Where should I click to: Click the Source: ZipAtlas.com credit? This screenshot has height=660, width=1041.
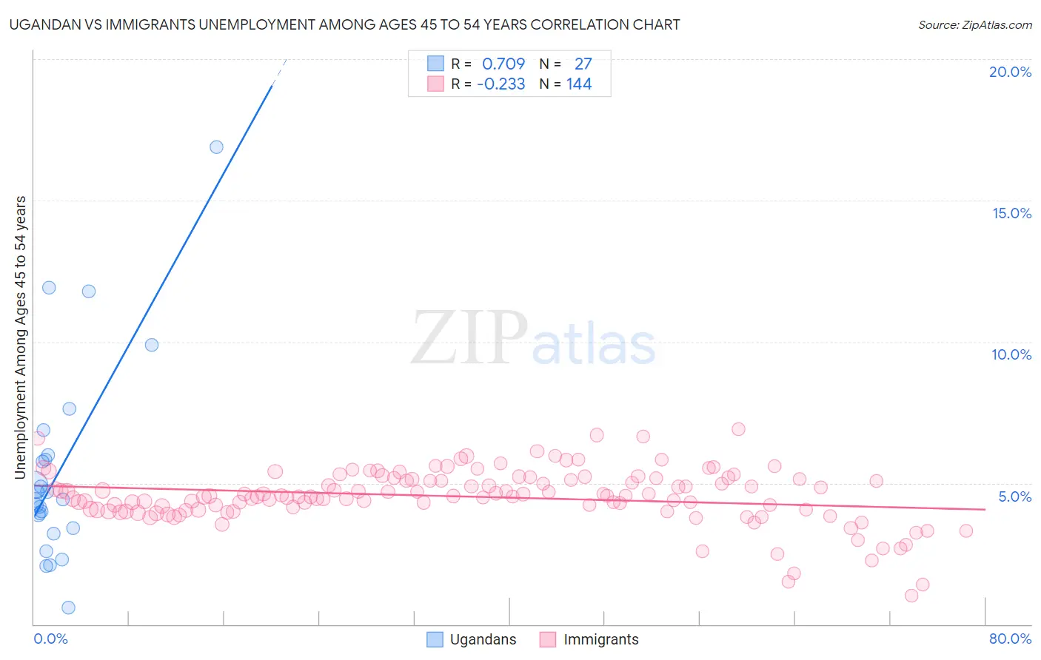click(974, 24)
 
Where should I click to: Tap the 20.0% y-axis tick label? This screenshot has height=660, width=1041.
click(1010, 72)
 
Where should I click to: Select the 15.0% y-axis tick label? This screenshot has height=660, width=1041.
click(1011, 213)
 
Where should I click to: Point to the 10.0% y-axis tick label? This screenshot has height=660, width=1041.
click(1011, 354)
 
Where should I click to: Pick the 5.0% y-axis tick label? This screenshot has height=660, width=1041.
click(1014, 496)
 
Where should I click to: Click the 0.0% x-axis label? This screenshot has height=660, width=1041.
click(50, 639)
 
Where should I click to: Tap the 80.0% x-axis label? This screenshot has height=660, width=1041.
click(1010, 639)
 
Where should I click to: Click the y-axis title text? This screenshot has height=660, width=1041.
click(21, 337)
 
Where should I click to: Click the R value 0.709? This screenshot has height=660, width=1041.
click(503, 64)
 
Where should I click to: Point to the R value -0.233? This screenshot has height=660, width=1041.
click(501, 84)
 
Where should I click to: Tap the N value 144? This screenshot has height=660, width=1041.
click(579, 84)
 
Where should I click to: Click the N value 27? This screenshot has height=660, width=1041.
click(583, 64)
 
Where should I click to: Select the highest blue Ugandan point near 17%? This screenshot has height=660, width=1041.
click(216, 147)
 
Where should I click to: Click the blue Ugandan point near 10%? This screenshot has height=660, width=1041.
click(152, 345)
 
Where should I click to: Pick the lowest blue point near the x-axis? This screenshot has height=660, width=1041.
click(68, 607)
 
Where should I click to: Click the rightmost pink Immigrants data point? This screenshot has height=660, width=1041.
click(965, 531)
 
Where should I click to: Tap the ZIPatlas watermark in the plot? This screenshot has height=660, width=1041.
click(533, 339)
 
